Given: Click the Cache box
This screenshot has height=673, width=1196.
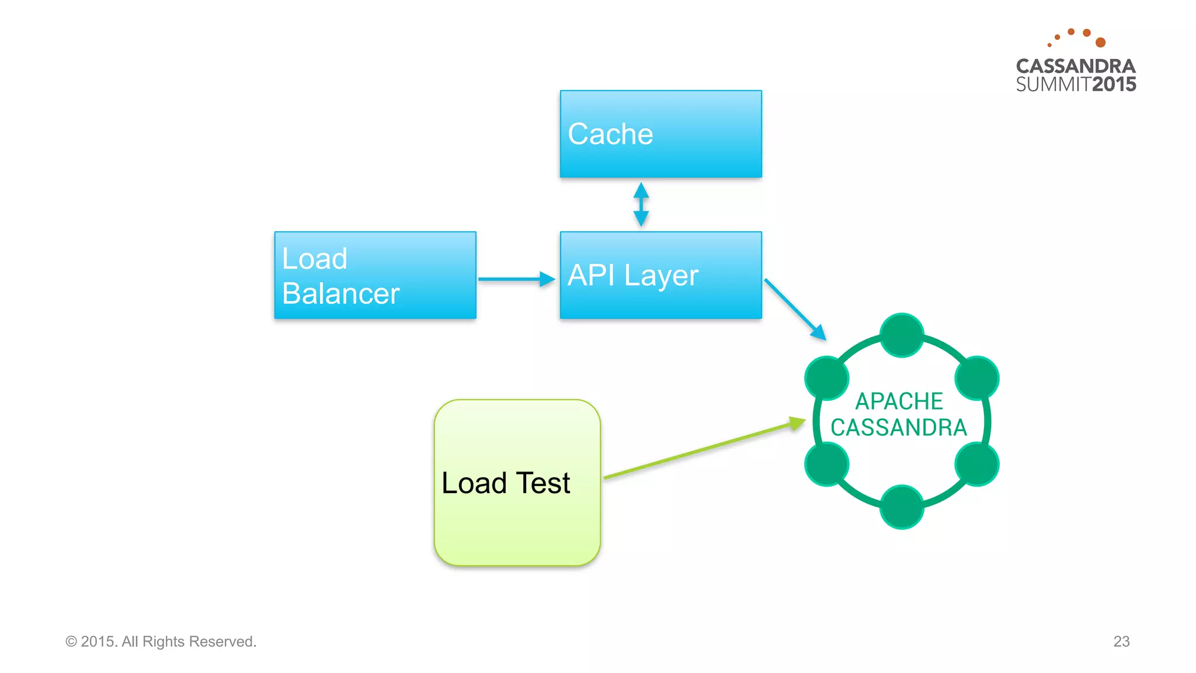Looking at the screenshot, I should (x=660, y=134).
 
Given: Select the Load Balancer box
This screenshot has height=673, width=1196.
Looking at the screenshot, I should (x=375, y=275).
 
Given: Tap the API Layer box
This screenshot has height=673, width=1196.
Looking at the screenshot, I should (x=660, y=275).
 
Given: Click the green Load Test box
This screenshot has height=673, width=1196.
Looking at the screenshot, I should (x=517, y=483).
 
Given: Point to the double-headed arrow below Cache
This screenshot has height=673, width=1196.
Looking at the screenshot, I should (x=641, y=204).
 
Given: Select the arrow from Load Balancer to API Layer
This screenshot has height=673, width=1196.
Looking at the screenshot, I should (x=516, y=279).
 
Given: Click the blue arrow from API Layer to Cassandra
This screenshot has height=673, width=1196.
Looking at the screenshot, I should (x=794, y=309).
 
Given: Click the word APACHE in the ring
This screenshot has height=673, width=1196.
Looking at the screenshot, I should (x=899, y=401).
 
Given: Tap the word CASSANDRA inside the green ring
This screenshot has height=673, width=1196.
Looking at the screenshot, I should (x=899, y=428).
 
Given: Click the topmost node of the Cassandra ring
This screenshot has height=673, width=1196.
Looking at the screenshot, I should (x=902, y=335).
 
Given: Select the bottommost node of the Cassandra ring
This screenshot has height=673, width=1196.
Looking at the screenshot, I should (x=902, y=507).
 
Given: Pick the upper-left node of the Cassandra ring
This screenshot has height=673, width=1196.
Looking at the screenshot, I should (x=826, y=378).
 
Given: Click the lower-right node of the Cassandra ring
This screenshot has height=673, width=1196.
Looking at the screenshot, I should (x=976, y=464).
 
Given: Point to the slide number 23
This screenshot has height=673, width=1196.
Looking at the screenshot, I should (x=1121, y=641).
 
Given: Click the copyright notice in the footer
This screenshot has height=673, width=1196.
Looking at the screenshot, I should (x=161, y=641).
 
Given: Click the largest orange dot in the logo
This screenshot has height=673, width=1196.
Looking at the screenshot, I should (x=1100, y=42).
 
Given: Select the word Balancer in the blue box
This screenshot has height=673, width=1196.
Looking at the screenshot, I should (x=340, y=293).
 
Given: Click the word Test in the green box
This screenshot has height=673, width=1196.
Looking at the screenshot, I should (x=543, y=483).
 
